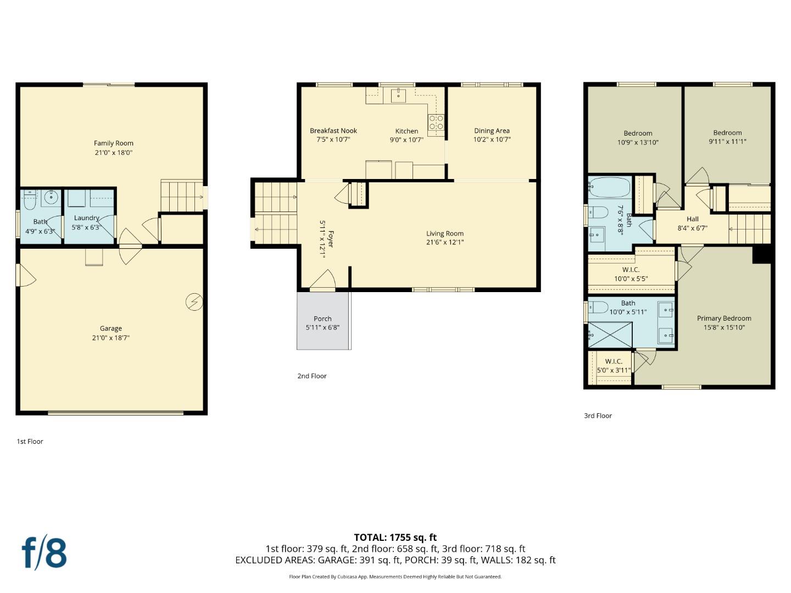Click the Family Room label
[113, 143]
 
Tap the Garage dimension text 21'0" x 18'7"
[110, 338]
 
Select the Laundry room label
[86, 218]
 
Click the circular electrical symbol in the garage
[194, 302]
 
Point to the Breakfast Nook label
[333, 131]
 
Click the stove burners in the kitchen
[436, 122]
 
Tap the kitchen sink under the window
[398, 96]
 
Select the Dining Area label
[492, 131]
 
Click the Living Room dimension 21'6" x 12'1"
[445, 242]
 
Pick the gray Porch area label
[322, 318]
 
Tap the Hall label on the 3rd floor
[692, 219]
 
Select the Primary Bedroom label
[724, 318]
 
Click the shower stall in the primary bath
[610, 335]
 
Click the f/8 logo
[44, 553]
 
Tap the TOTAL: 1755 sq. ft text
[395, 538]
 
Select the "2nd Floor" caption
[312, 376]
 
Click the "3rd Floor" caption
[598, 416]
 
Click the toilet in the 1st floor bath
[30, 201]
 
